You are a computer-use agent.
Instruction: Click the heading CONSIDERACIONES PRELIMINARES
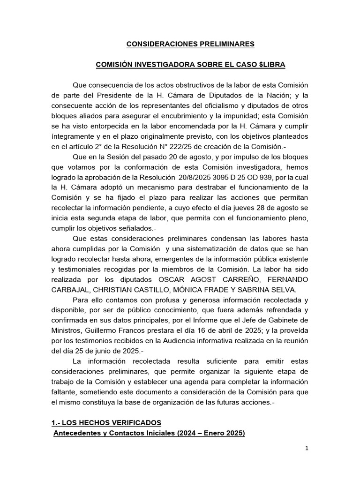coord(190,44)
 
